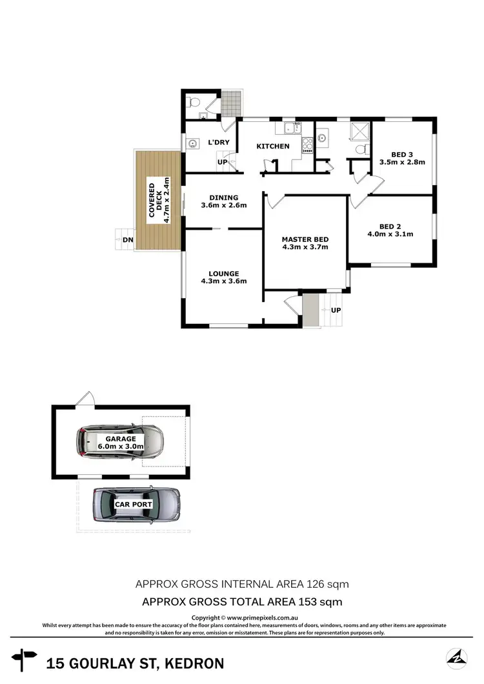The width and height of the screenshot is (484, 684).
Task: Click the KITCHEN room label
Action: coord(273,146)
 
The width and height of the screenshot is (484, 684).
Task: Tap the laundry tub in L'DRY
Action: coord(192,144)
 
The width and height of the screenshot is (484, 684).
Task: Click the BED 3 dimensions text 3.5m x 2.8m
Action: coord(403,163)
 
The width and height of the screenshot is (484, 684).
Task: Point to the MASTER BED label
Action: coord(305,239)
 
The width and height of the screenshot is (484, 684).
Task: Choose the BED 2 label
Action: coord(390,226)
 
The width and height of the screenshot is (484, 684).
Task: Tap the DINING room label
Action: coord(223,197)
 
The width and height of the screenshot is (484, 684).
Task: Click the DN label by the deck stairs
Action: coord(128,240)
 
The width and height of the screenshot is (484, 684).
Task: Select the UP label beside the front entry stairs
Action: coord(336,310)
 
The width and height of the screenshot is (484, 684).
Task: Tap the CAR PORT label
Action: coord(134,504)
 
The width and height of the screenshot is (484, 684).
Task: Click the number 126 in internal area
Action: coord(314,585)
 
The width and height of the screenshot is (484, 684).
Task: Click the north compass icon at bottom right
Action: coord(458,658)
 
